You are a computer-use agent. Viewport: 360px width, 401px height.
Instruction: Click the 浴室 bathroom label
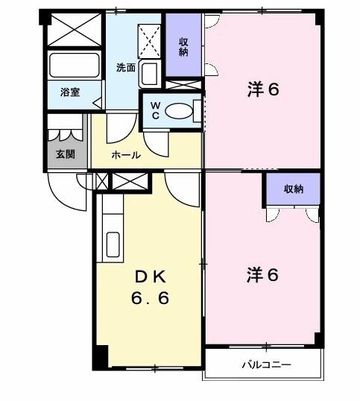70,93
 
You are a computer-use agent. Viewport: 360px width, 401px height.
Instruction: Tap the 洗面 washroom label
125,67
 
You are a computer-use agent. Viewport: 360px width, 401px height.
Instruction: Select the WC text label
155,110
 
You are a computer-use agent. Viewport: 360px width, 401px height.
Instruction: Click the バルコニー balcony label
265,365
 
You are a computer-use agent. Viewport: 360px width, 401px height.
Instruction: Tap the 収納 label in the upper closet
183,47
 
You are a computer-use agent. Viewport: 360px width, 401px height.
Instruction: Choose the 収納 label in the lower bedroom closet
294,189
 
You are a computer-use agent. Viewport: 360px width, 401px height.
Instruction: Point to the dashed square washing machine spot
149,39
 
